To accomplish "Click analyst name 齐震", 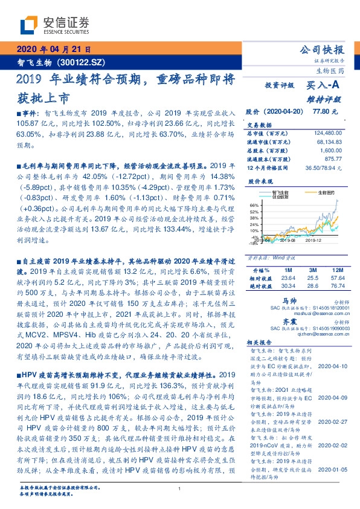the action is [x=291, y=323].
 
